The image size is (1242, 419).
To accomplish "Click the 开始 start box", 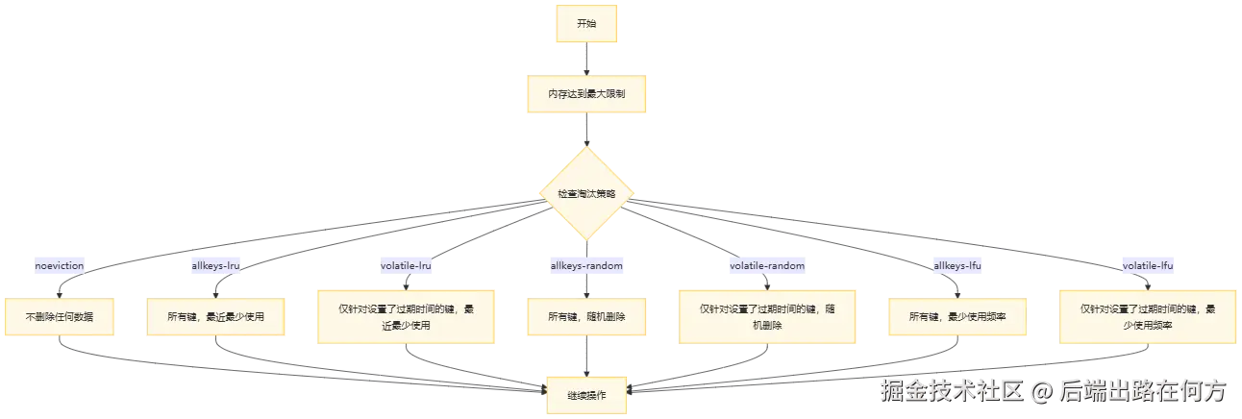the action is [586, 24].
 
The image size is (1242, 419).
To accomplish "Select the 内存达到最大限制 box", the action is [586, 94].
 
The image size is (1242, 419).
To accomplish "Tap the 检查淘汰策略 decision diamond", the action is [586, 193].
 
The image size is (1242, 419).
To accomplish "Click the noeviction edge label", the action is [60, 265].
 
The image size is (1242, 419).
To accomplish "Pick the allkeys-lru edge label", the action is [215, 265].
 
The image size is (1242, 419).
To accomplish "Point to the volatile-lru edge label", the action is [406, 265].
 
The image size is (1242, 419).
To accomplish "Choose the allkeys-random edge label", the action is [586, 265].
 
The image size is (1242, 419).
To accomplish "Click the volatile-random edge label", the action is [767, 265].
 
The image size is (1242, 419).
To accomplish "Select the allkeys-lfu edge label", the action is [957, 265].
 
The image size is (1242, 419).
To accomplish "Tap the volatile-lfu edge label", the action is [1148, 265].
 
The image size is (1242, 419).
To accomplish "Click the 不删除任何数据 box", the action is [60, 317].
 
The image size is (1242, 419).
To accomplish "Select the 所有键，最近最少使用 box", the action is [215, 317].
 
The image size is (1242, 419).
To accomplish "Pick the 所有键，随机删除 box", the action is [586, 317].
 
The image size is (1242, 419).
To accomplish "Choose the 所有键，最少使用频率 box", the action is [957, 317].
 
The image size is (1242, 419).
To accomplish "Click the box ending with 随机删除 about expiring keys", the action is [767, 317].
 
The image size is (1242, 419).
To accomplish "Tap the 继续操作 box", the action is [586, 395].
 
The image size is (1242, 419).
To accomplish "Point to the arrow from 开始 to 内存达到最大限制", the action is [586, 59].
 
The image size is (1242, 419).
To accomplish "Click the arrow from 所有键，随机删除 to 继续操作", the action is [586, 357].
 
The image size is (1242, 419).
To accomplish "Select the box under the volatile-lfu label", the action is [1148, 317].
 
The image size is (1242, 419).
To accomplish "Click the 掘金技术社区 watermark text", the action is [952, 391].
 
